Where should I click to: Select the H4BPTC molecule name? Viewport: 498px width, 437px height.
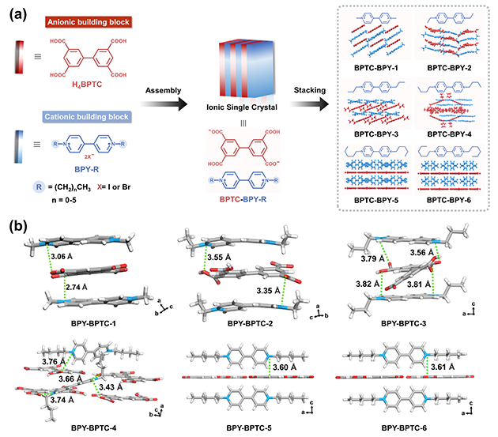[76, 96]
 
